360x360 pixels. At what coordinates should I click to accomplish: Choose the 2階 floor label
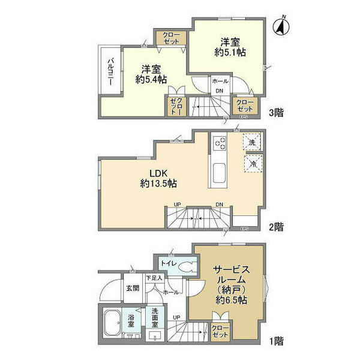click(277, 227)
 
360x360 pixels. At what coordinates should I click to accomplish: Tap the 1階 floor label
click(277, 341)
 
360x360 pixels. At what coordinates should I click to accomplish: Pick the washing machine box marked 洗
click(252, 143)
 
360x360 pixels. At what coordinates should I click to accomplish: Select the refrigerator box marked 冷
click(252, 162)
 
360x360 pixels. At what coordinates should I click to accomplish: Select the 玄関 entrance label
click(132, 288)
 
